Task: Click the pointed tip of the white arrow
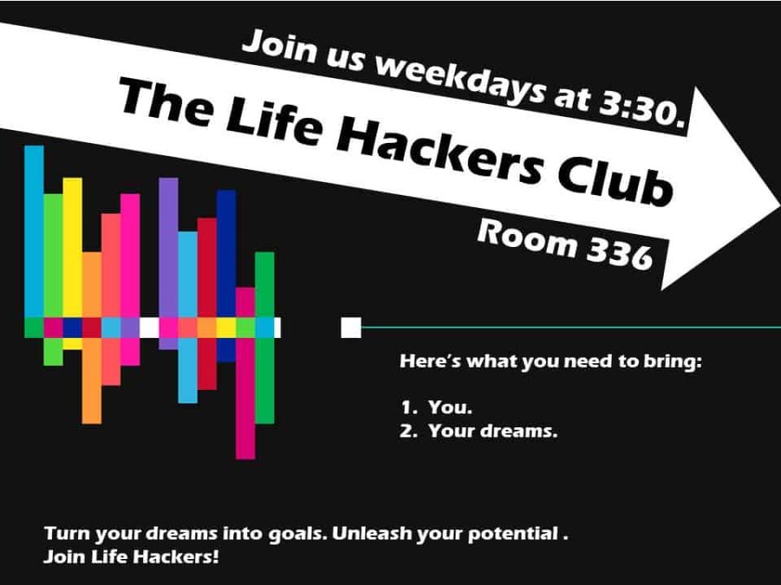(x=776, y=208)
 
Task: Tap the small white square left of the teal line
(x=351, y=328)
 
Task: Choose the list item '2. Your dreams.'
(x=478, y=431)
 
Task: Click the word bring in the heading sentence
(x=669, y=362)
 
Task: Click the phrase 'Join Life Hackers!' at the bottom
(x=131, y=556)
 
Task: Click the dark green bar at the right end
(x=265, y=347)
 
